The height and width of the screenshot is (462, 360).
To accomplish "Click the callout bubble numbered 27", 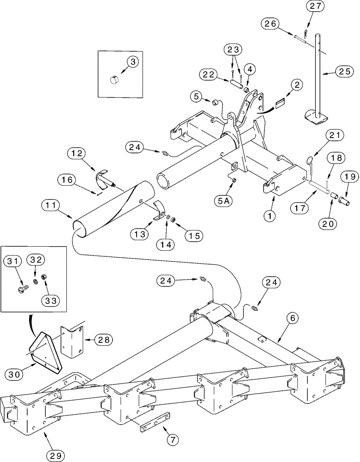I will click(x=318, y=6).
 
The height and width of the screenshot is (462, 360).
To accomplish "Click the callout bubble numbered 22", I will click(x=209, y=74).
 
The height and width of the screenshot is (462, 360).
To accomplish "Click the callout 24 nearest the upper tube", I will click(x=134, y=147).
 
